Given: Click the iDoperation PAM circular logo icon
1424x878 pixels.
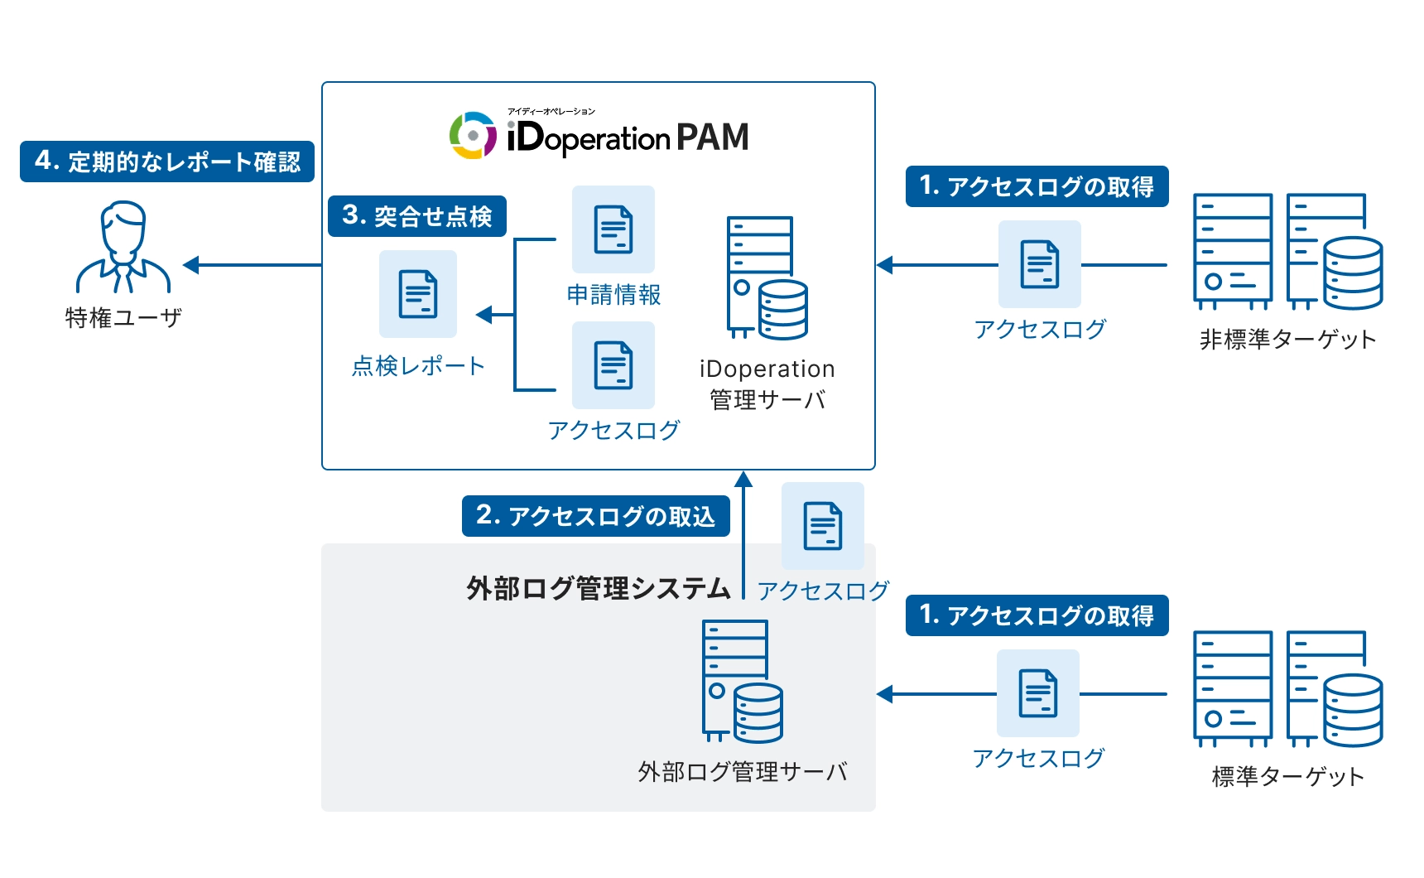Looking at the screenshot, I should pyautogui.click(x=473, y=135).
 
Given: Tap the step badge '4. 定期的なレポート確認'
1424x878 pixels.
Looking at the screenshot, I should pyautogui.click(x=167, y=162).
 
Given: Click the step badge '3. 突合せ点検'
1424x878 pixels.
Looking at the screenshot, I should pyautogui.click(x=417, y=216).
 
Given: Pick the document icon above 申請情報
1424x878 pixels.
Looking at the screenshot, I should pyautogui.click(x=613, y=229).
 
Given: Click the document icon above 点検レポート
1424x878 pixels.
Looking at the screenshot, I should pyautogui.click(x=418, y=294).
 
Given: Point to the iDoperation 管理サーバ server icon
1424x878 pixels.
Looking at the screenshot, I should pyautogui.click(x=767, y=277).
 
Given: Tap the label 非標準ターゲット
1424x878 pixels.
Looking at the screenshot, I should pyautogui.click(x=1287, y=339).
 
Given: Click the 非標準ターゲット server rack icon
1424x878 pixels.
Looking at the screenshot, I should pyautogui.click(x=1287, y=252).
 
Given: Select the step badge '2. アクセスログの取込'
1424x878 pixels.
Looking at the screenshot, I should pyautogui.click(x=596, y=516).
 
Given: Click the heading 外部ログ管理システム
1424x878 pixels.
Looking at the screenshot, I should pyautogui.click(x=599, y=588).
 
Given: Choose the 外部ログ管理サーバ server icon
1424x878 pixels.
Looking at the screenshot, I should pyautogui.click(x=742, y=681).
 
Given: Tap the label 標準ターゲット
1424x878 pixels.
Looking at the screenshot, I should pyautogui.click(x=1287, y=776).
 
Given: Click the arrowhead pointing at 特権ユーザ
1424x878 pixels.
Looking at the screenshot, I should pyautogui.click(x=191, y=265).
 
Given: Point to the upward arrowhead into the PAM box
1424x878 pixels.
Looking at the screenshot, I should pyautogui.click(x=743, y=479).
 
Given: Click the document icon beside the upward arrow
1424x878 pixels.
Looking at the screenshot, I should pyautogui.click(x=823, y=526).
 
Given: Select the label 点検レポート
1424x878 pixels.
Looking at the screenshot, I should pyautogui.click(x=418, y=366).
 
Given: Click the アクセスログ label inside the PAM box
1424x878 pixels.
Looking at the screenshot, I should pyautogui.click(x=613, y=430).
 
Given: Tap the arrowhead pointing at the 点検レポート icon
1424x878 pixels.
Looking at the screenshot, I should pyautogui.click(x=483, y=315).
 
